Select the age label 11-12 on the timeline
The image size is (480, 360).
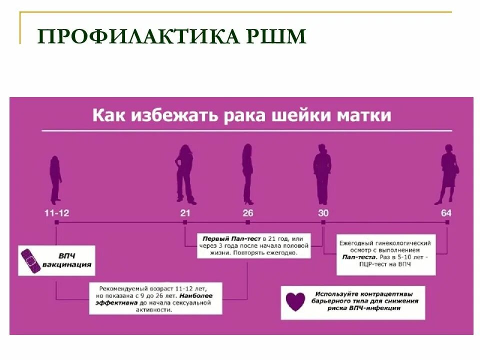pos(56,212)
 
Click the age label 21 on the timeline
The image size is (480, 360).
pos(185,212)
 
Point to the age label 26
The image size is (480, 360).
pos(248,212)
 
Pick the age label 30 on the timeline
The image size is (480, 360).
pos(323,212)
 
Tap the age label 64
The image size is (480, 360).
pos(446,212)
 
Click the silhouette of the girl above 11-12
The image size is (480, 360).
pos(55,179)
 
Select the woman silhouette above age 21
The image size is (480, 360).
pos(184,174)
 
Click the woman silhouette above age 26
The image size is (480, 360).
pos(247,174)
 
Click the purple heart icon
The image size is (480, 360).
pos(295,301)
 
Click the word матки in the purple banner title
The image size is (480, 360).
pos(370,115)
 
